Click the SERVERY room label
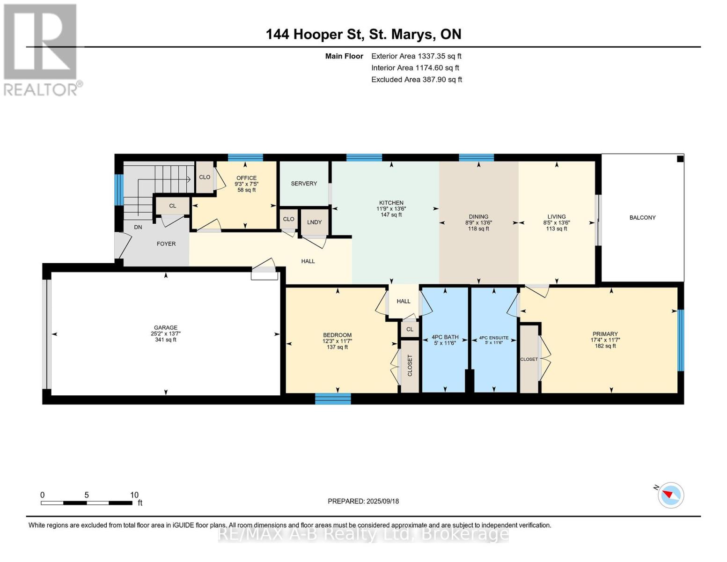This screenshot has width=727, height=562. [303, 184]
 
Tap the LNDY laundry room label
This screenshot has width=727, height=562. [314, 222]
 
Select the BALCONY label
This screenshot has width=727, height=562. [642, 218]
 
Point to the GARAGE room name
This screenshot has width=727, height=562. [166, 328]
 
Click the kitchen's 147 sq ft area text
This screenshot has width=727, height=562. [391, 214]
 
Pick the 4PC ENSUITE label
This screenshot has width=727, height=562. [494, 338]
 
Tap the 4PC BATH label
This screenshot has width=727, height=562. [445, 337]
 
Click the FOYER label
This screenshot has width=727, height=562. [166, 244]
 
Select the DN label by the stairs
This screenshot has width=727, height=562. [138, 227]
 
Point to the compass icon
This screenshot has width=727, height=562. [670, 495]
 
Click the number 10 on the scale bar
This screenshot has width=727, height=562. [134, 495]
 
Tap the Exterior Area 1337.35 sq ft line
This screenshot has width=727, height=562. [416, 56]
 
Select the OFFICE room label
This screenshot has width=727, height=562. [247, 178]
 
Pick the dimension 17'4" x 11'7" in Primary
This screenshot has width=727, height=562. [605, 340]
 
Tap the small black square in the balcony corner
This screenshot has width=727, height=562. [680, 159]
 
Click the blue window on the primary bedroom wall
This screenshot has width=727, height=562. [681, 340]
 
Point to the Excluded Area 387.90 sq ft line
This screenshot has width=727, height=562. [417, 80]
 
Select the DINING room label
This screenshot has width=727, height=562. [478, 217]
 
